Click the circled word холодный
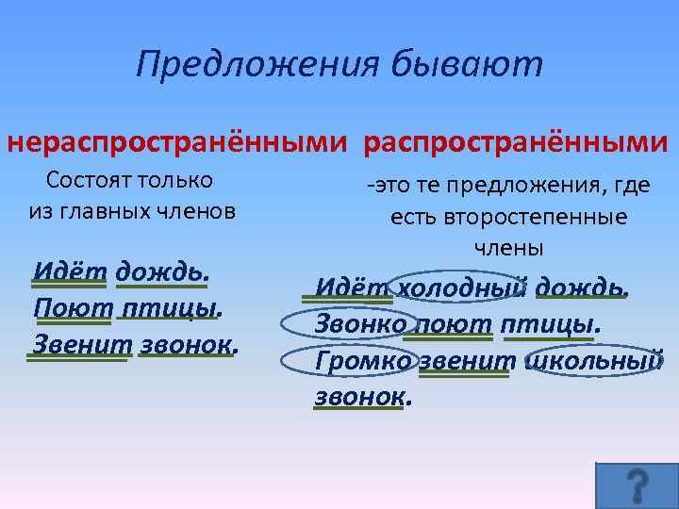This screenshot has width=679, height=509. (x=461, y=286)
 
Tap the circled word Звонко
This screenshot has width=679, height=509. (x=358, y=323)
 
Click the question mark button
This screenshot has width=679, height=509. (x=638, y=484)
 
